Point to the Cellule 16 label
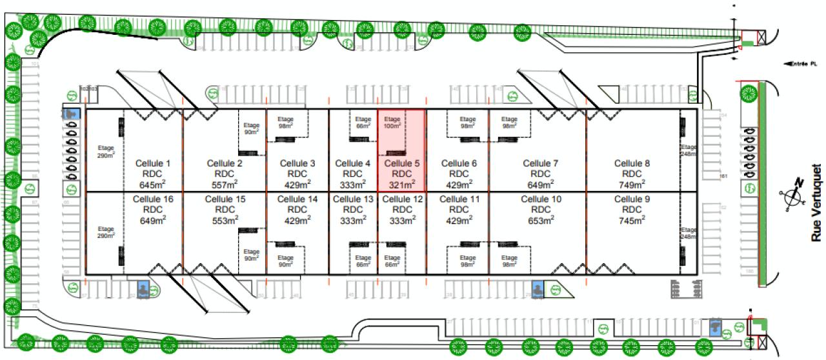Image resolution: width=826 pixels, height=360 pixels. pyautogui.click(x=153, y=199)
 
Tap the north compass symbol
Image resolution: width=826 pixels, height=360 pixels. pyautogui.click(x=792, y=194)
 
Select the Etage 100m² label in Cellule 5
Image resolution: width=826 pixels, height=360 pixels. pyautogui.click(x=392, y=123)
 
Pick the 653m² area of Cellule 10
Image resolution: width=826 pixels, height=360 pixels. pyautogui.click(x=541, y=221)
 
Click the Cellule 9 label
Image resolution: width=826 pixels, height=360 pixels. pyautogui.click(x=627, y=199)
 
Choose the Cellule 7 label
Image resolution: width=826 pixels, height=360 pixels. pyautogui.click(x=541, y=163)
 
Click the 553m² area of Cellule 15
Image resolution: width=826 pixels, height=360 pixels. pyautogui.click(x=225, y=221)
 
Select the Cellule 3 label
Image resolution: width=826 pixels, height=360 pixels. pyautogui.click(x=297, y=163)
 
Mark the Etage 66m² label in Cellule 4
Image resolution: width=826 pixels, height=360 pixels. pyautogui.click(x=363, y=123)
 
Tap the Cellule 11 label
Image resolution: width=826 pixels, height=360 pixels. pyautogui.click(x=459, y=199)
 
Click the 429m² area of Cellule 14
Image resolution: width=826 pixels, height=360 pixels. pyautogui.click(x=297, y=221)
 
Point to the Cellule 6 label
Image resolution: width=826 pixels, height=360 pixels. pyautogui.click(x=459, y=163)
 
